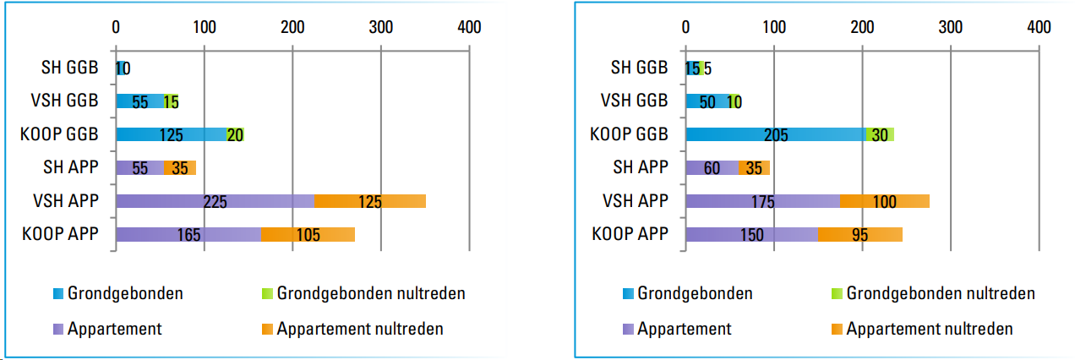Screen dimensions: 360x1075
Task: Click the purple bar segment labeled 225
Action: pos(215,201)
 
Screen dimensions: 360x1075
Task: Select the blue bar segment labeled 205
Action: pos(775,134)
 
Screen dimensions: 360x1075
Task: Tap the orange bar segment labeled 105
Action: pos(308,235)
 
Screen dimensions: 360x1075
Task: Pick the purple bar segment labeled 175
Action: pos(762,201)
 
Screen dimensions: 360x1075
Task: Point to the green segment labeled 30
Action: pos(880,134)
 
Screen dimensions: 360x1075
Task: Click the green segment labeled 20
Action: pos(235,134)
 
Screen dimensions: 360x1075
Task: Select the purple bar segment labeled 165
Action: pos(188,235)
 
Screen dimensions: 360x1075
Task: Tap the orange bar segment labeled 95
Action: pos(859,235)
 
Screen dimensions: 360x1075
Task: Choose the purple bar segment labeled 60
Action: pos(712,167)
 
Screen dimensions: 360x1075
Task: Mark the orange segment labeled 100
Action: pos(884,201)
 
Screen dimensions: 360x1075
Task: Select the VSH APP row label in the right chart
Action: pos(634,201)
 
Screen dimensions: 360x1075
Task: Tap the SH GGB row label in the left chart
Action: pos(70,68)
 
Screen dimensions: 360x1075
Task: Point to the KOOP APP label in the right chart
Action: pos(630,235)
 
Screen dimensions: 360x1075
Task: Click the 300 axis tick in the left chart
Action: pos(380,26)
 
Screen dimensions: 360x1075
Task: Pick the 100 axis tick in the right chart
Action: pos(773,26)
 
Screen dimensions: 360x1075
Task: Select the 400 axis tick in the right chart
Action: pos(1039,26)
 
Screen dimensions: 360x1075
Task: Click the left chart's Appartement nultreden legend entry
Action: pos(359,329)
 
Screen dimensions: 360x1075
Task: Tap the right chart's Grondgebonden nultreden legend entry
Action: pos(940,294)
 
